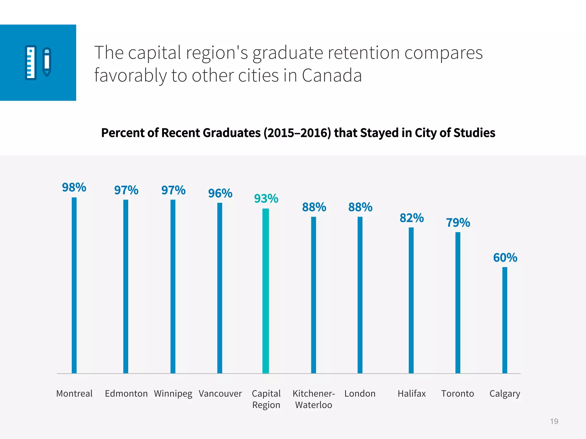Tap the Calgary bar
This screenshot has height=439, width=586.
click(505, 320)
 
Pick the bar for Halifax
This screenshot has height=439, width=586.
click(411, 300)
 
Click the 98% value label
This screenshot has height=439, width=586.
click(74, 187)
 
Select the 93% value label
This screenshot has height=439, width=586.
click(266, 198)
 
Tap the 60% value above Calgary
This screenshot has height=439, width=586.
click(505, 258)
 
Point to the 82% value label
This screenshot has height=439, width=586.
click(411, 218)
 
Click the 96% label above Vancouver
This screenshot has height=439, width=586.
click(220, 193)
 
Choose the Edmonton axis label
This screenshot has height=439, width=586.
click(126, 394)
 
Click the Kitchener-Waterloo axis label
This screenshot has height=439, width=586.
click(314, 399)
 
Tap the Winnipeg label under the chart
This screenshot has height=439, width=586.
click(173, 394)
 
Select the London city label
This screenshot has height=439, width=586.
click(360, 394)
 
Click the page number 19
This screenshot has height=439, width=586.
click(554, 421)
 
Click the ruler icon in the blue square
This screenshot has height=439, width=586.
click(31, 62)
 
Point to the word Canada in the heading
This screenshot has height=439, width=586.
click(332, 75)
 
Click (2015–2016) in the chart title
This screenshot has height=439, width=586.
click(297, 133)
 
